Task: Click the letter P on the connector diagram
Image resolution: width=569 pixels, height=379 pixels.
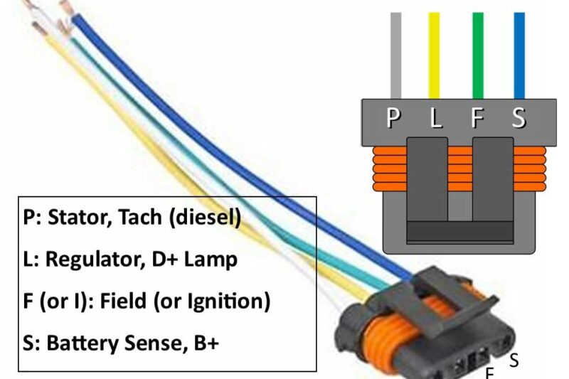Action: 393,117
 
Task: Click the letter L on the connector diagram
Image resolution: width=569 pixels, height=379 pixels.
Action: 435,117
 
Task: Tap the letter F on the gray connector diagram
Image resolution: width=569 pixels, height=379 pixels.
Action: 478,117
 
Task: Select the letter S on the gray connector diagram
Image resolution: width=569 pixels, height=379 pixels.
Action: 519,117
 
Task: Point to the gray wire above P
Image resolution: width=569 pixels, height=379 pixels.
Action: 395,53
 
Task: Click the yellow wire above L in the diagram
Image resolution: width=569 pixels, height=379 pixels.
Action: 434,53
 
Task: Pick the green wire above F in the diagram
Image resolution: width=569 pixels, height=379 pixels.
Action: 478,53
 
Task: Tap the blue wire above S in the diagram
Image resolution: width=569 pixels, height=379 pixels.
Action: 519,53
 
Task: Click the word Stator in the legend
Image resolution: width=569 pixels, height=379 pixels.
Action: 73,217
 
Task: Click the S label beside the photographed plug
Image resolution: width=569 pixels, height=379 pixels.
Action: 514,361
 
